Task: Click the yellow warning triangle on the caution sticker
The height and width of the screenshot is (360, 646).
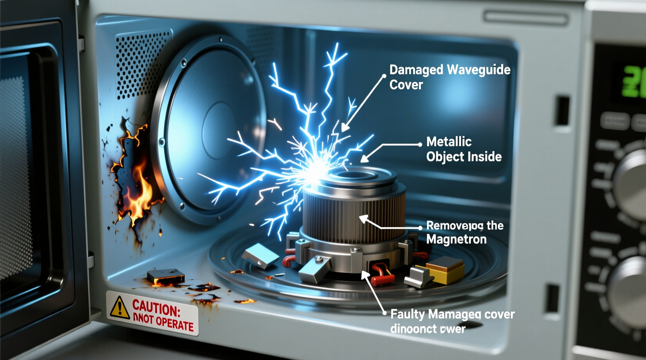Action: (120, 308)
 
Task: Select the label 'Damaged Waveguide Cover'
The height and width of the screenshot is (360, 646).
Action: (450, 77)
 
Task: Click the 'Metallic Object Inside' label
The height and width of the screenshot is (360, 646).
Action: (464, 149)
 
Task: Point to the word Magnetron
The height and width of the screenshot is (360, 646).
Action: (456, 239)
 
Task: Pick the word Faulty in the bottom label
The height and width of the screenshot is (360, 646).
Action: (408, 314)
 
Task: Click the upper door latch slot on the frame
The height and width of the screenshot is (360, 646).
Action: (562, 111)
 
